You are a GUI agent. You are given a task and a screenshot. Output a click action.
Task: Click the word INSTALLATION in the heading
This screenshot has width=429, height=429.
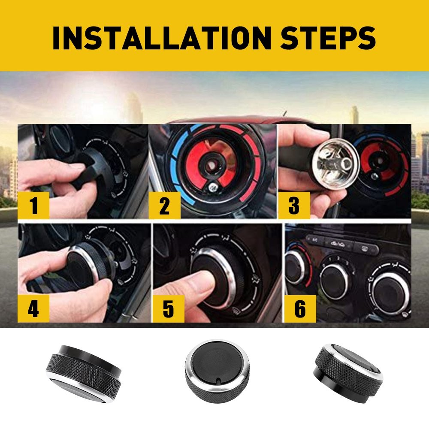[x=162, y=37]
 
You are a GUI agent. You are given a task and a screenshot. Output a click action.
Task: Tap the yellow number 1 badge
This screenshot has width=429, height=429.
[x=33, y=205]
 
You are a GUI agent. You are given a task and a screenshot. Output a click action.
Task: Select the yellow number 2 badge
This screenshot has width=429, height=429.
[x=164, y=205]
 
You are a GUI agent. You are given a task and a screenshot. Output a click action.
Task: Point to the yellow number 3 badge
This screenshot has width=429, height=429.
[x=294, y=205]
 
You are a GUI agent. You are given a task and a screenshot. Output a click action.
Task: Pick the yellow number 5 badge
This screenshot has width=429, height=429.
[x=168, y=308]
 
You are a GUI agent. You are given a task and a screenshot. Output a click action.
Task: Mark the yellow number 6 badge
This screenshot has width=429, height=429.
[x=300, y=308]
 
